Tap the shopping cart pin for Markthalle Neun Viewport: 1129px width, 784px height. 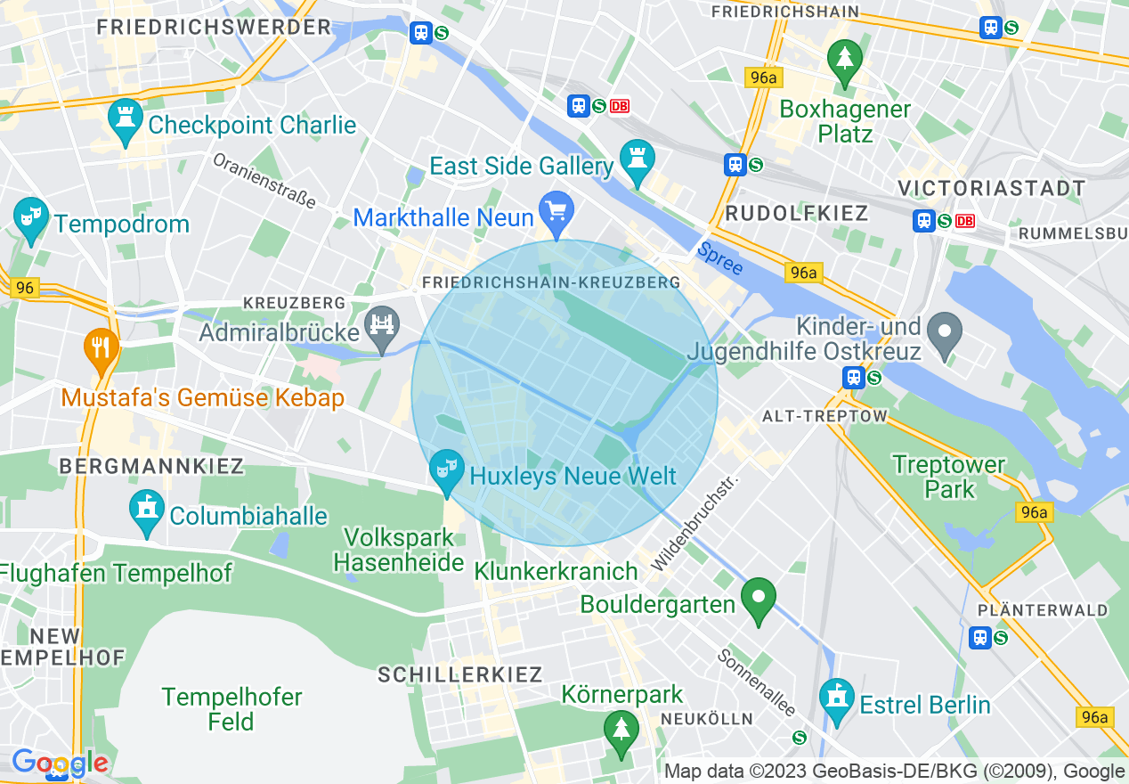click(557, 212)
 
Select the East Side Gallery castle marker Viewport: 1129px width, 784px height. click(638, 160)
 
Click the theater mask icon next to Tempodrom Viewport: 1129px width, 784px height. click(31, 218)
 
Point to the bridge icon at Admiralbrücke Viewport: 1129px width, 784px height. click(383, 326)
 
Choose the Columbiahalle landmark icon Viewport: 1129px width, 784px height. click(147, 511)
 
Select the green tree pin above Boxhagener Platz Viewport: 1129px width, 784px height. click(845, 61)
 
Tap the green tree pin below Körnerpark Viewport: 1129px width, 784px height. click(621, 731)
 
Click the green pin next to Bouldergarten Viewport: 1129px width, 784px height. click(759, 599)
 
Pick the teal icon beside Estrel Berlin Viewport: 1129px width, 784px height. click(836, 700)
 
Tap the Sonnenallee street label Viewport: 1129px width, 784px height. click(756, 681)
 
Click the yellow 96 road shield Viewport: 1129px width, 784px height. click(25, 288)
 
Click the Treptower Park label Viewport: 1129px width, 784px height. click(948, 477)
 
